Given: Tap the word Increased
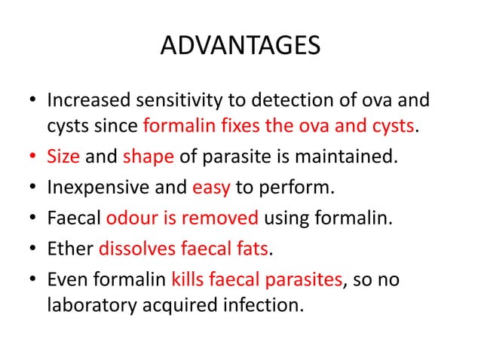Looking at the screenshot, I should point(90,100).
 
